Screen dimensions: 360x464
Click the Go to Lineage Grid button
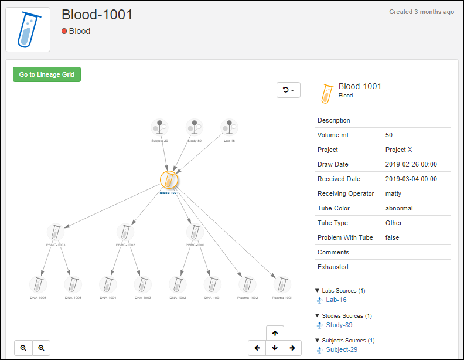tap(47, 74)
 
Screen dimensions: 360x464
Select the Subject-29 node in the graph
tap(159, 127)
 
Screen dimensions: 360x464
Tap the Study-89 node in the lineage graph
tap(194, 127)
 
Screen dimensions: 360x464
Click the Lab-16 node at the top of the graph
tap(229, 127)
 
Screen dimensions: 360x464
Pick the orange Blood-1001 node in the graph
tap(169, 179)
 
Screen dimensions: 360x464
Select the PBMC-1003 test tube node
tap(56, 232)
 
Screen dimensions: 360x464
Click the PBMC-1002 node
tap(125, 232)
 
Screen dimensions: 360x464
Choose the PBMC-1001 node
tap(195, 232)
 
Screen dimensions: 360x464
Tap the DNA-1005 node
tap(38, 284)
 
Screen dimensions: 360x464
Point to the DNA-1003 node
tap(142, 284)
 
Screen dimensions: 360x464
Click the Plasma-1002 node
tap(247, 284)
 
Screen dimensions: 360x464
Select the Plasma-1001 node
tap(282, 284)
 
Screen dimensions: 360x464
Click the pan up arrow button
tap(275, 333)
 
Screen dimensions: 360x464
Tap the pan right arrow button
tap(292, 348)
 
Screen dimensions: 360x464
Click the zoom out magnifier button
tap(23, 348)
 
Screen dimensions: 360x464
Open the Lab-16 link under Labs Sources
tap(336, 300)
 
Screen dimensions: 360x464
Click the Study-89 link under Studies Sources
tap(339, 325)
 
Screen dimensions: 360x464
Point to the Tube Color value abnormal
tap(399, 208)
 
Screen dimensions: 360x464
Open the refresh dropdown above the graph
tap(288, 90)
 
